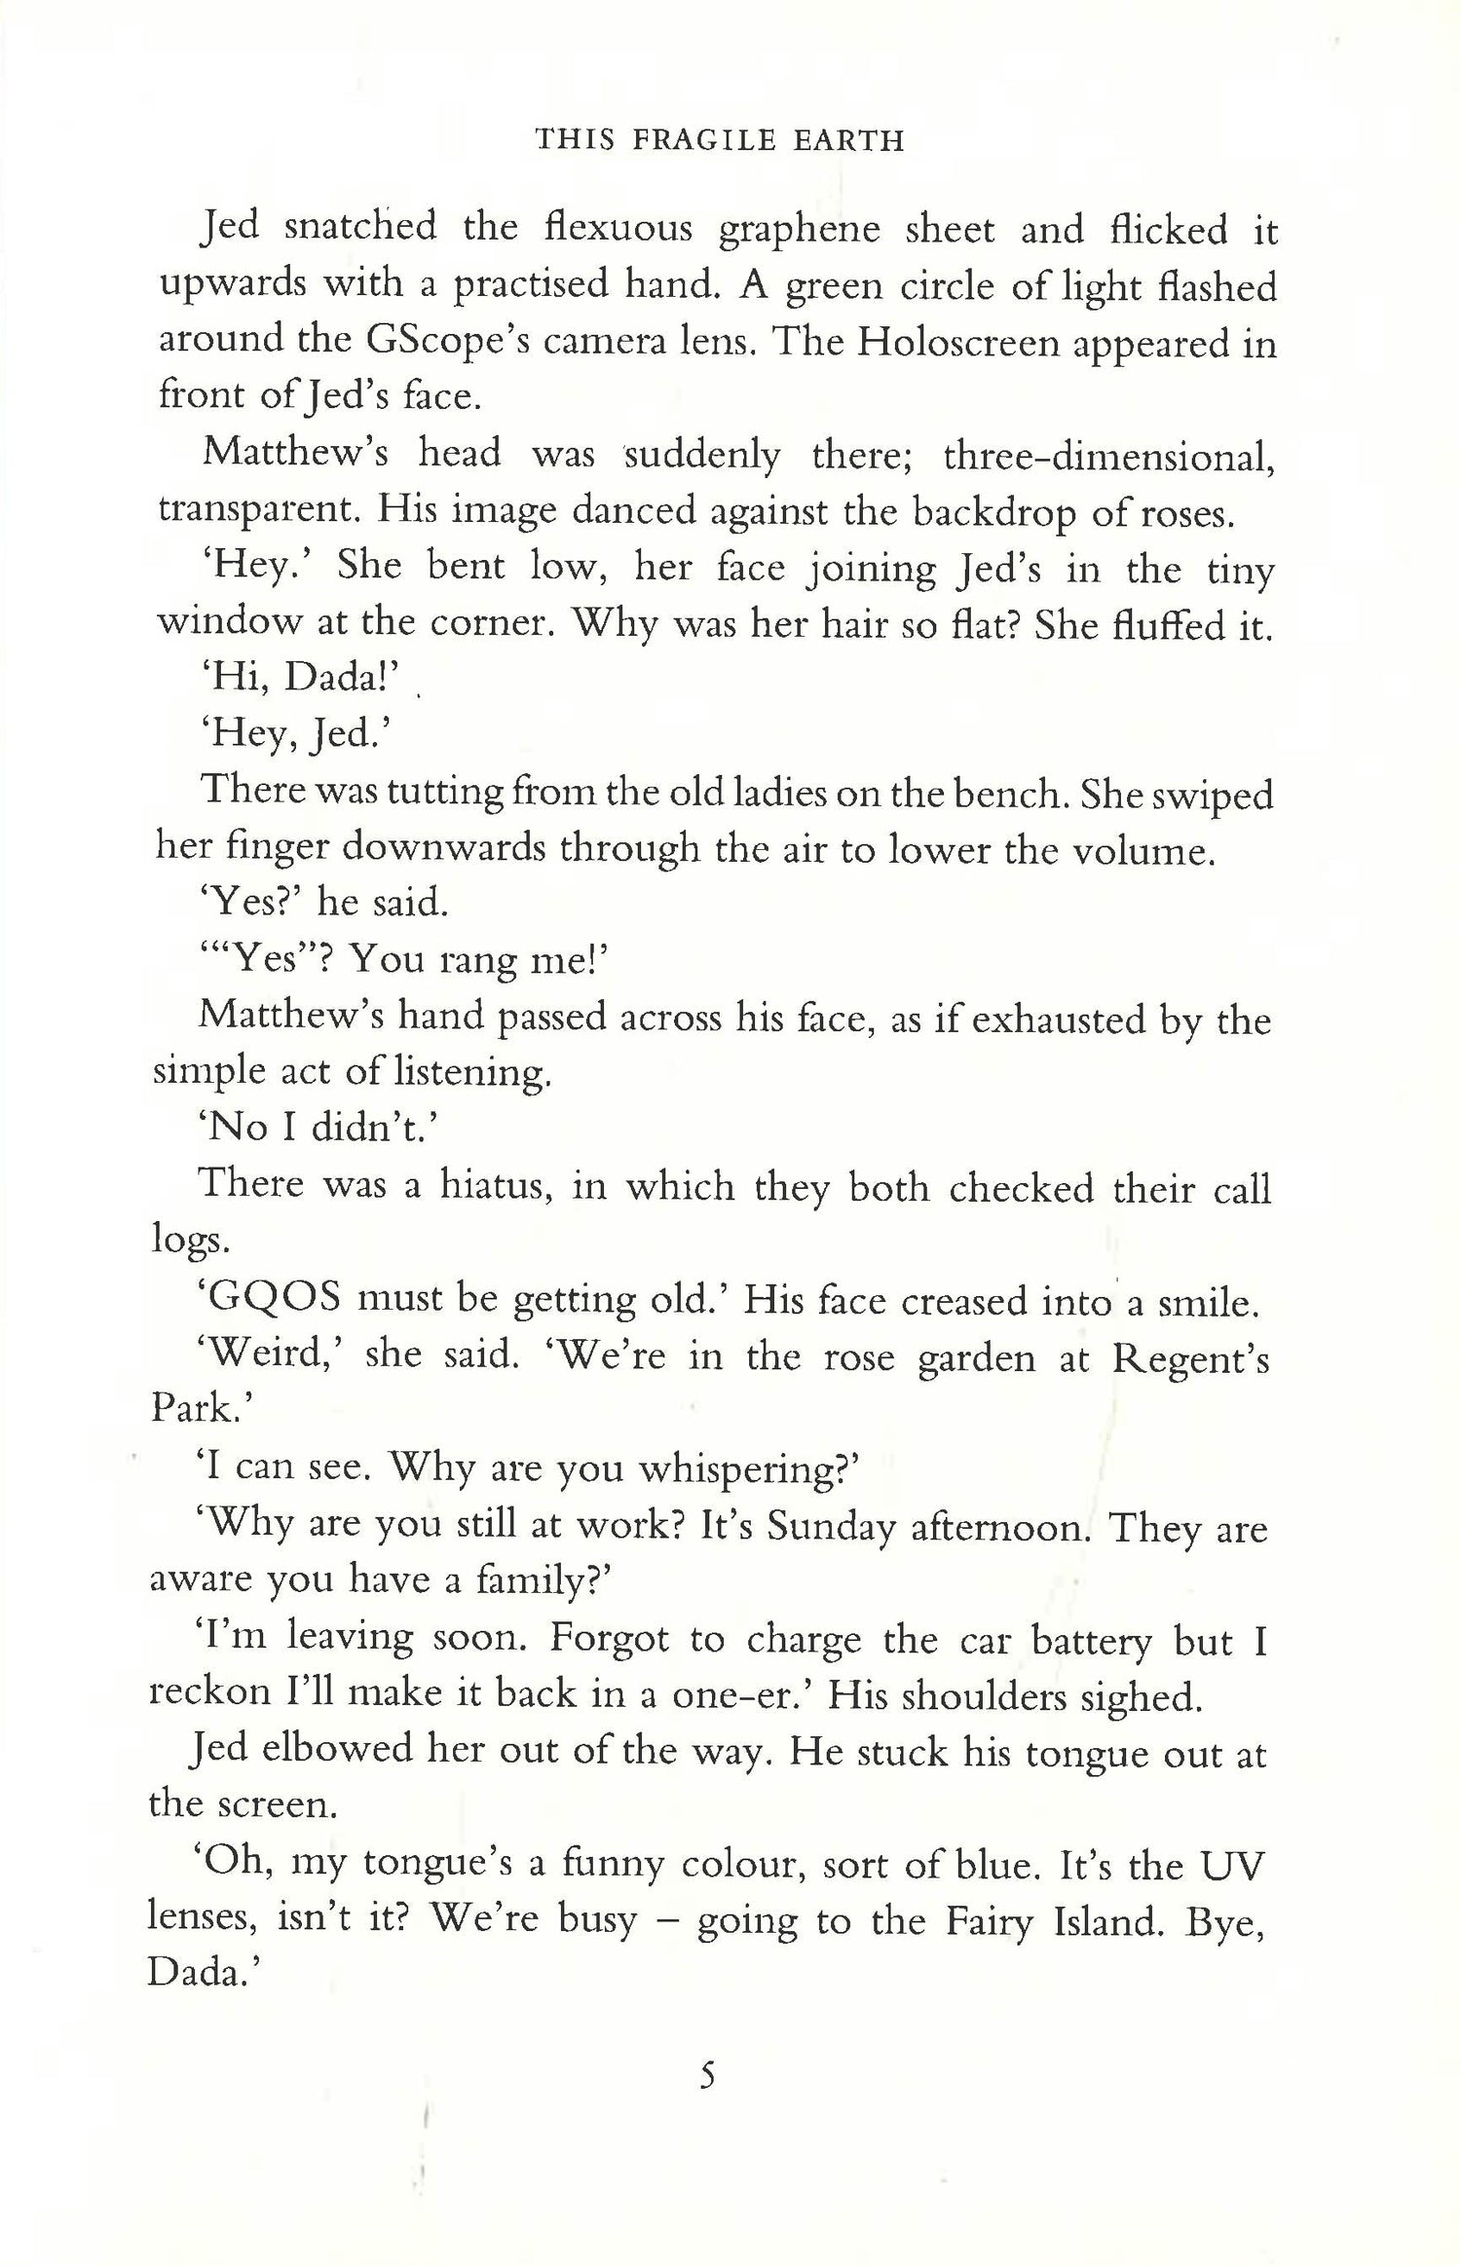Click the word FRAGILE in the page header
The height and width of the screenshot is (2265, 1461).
695,141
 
